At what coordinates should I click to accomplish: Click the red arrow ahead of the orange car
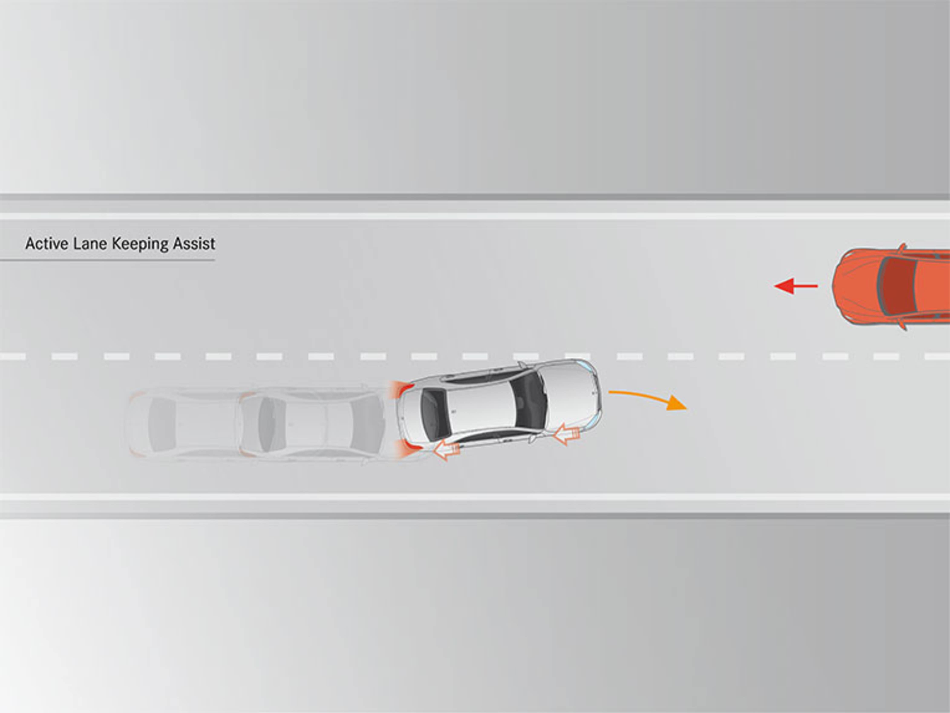[795, 286]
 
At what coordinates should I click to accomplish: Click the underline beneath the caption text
[107, 259]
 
